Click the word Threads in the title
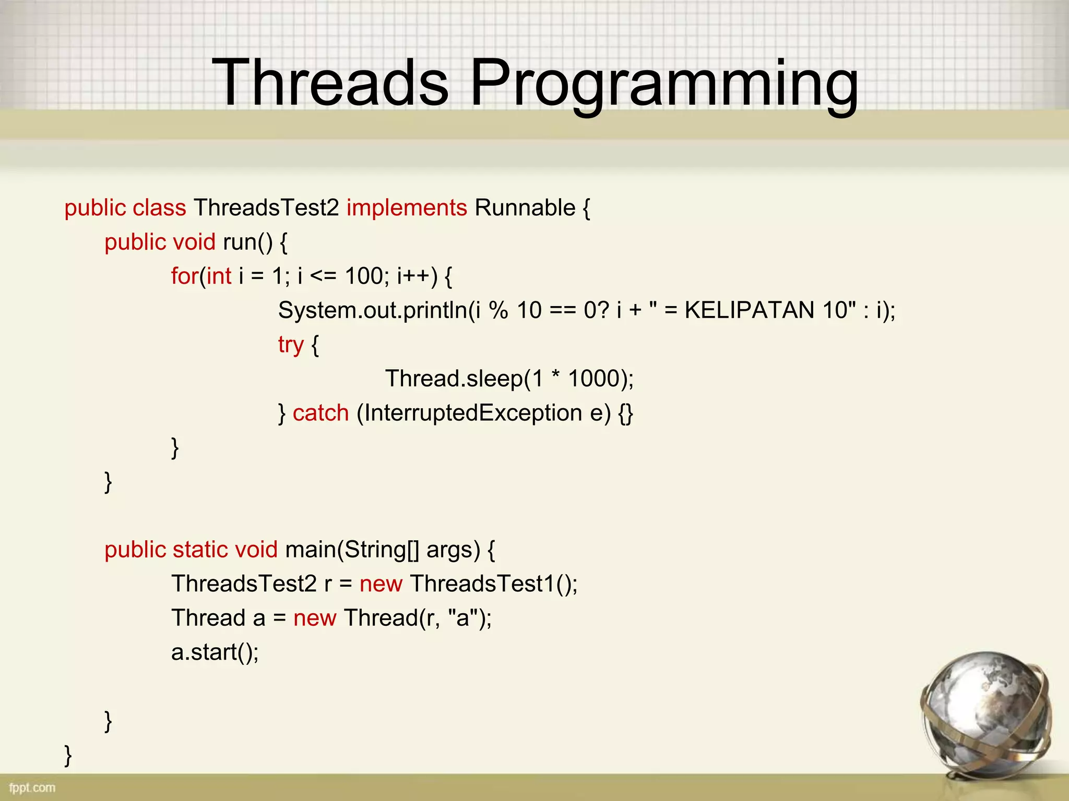330,82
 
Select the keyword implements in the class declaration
406,208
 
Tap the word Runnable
525,208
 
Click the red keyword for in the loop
184,276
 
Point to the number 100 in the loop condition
364,276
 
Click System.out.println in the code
373,310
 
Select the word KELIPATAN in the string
749,310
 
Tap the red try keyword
290,345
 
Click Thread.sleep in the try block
454,379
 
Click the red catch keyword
320,413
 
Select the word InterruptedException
472,413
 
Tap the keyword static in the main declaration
200,550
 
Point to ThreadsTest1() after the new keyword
493,584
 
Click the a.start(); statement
215,652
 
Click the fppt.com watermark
32,787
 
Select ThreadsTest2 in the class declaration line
266,208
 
